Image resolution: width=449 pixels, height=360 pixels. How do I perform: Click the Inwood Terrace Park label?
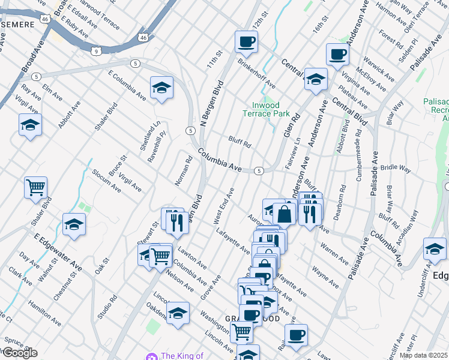pos(266,109)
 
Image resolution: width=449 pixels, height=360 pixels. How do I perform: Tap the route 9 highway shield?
pos(96,52)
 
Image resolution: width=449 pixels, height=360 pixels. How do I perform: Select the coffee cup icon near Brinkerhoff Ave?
pos(246,42)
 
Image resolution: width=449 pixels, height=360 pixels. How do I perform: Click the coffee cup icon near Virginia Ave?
pos(337,55)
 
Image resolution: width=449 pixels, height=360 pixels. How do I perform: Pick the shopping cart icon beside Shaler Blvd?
pos(35,188)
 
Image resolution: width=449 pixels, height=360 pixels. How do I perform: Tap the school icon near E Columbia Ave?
pos(161,89)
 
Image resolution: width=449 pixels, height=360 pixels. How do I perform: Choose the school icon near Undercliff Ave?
pos(434,250)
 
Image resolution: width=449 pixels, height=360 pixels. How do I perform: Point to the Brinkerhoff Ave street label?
pos(256,73)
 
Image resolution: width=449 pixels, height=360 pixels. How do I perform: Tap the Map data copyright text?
pos(423,355)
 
